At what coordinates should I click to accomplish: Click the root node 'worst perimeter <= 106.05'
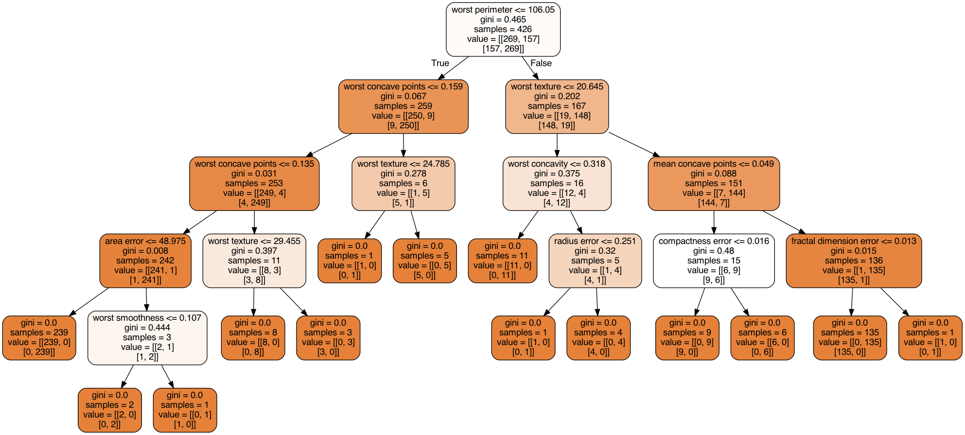pos(503,29)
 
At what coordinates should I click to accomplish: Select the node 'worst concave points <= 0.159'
pos(404,106)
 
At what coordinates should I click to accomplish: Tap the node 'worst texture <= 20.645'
pos(557,106)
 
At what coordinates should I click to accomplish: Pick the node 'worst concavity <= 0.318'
pos(557,184)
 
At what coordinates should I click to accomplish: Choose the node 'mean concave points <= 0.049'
pos(714,184)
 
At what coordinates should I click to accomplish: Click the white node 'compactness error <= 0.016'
pos(714,261)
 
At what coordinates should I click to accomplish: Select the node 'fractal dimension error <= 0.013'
pos(854,261)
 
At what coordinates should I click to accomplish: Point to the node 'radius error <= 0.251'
pos(595,261)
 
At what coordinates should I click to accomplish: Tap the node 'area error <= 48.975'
pos(145,261)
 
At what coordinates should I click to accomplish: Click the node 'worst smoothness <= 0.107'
pos(147,338)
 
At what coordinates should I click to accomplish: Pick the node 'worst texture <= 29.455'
pos(254,261)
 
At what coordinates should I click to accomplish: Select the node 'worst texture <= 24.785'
pos(404,184)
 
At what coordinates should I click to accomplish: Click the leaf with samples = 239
pos(39,338)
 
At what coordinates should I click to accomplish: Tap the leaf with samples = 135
pos(850,338)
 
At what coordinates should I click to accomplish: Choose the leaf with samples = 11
pos(503,261)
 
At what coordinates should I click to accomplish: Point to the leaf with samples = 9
pos(687,338)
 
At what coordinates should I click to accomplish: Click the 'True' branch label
pos(440,63)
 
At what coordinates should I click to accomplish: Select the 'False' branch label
pos(541,63)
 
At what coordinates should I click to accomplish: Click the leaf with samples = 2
pos(110,410)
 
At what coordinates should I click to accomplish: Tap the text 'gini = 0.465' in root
pos(503,19)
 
